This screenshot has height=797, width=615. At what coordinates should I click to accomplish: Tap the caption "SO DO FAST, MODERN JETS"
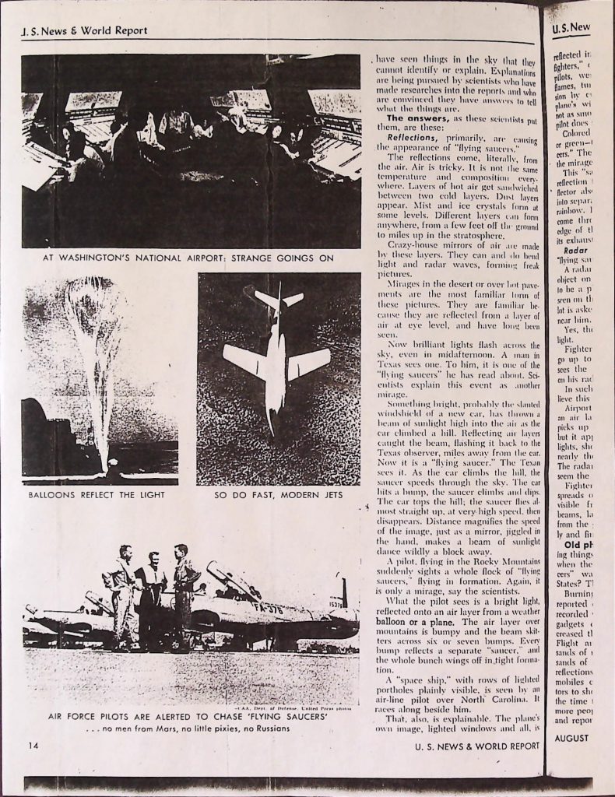[x=278, y=494]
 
